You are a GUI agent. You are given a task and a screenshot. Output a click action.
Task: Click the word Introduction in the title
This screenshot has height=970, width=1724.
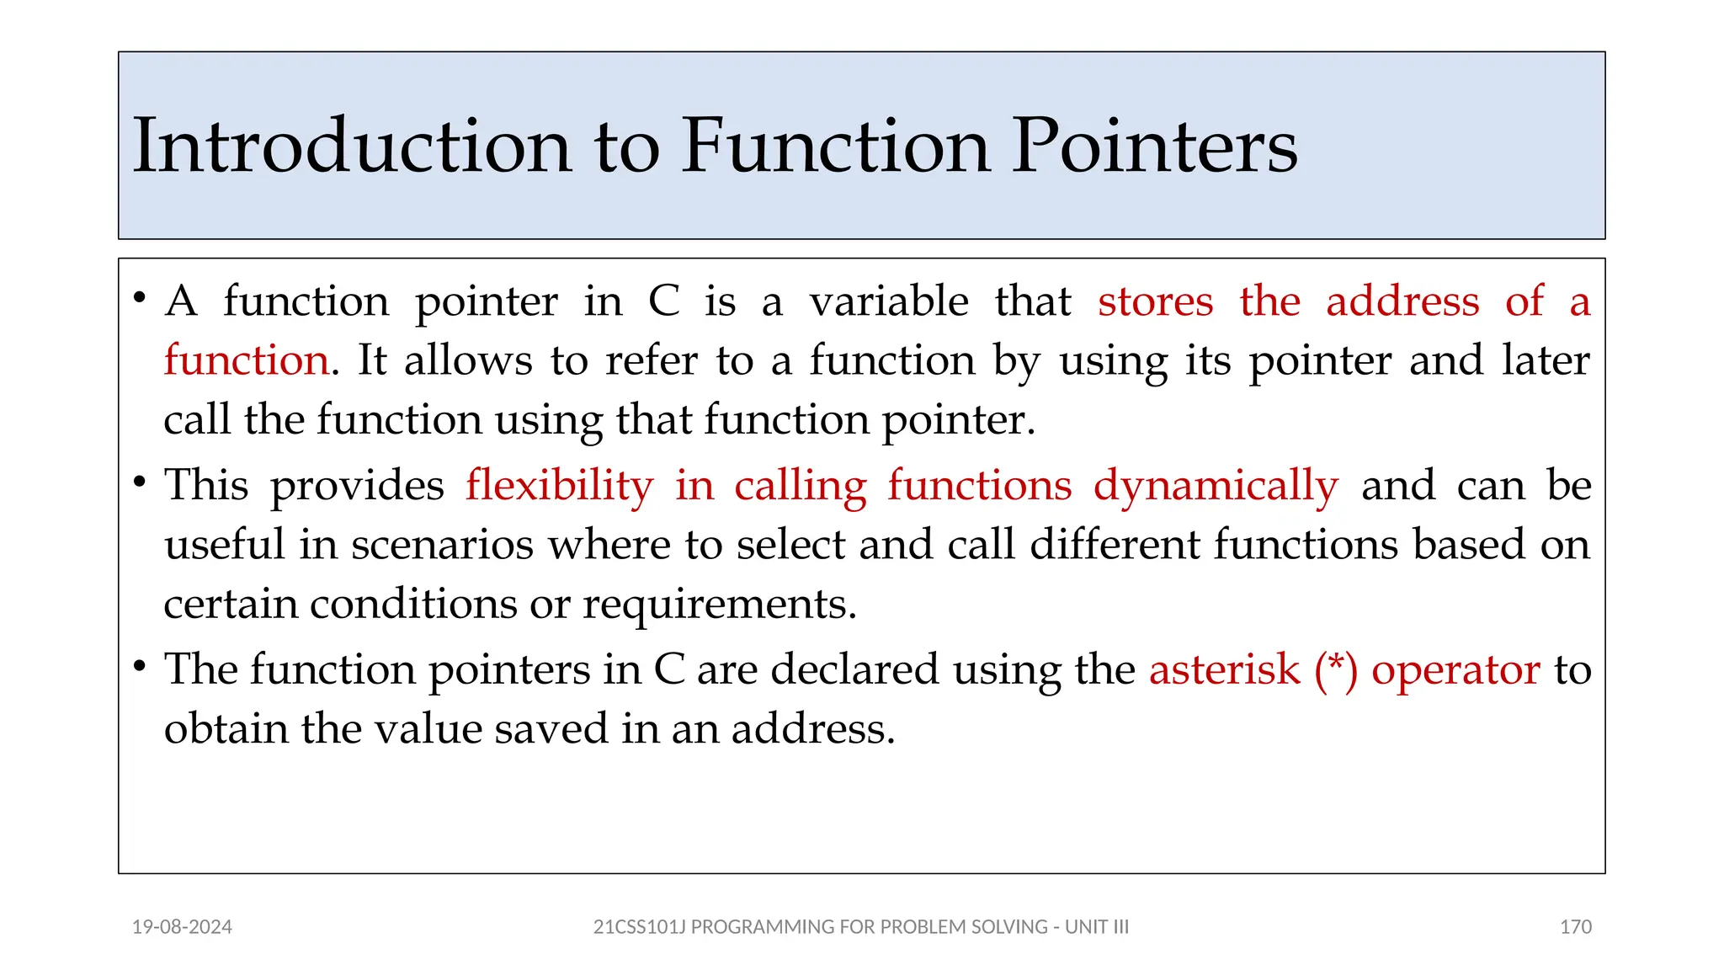pyautogui.click(x=352, y=147)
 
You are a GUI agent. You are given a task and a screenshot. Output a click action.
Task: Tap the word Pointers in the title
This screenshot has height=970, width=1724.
pyautogui.click(x=1154, y=147)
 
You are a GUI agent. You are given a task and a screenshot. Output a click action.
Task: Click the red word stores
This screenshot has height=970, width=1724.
pyautogui.click(x=1155, y=301)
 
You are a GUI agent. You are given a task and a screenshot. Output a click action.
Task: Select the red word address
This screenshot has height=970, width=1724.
pyautogui.click(x=1402, y=301)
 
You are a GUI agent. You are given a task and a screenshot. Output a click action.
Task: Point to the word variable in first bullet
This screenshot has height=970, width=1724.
pyautogui.click(x=889, y=301)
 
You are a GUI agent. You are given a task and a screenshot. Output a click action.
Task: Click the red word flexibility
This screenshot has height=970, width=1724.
pyautogui.click(x=560, y=486)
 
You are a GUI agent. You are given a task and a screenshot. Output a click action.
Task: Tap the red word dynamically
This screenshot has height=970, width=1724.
pyautogui.click(x=1216, y=486)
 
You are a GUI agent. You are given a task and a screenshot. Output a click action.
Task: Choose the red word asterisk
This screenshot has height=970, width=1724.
pyautogui.click(x=1225, y=670)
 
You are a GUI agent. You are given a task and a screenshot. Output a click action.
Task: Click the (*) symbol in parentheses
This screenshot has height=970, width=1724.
pyautogui.click(x=1336, y=670)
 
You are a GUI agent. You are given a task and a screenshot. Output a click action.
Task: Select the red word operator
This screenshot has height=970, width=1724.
pyautogui.click(x=1456, y=670)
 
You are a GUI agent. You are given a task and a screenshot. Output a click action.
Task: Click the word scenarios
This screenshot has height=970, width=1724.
pyautogui.click(x=442, y=545)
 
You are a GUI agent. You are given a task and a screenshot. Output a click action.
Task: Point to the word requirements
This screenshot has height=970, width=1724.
pyautogui.click(x=720, y=605)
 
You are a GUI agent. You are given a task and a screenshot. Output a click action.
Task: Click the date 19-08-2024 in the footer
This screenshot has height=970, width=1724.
pyautogui.click(x=182, y=927)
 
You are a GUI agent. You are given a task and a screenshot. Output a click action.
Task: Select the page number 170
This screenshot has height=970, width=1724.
pyautogui.click(x=1575, y=927)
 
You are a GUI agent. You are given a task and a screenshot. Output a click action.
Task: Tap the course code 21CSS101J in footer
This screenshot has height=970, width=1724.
pyautogui.click(x=639, y=927)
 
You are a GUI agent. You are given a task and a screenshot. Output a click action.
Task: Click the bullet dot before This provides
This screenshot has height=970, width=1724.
pyautogui.click(x=140, y=482)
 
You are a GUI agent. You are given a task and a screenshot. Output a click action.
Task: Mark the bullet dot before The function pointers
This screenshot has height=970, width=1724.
pyautogui.click(x=140, y=666)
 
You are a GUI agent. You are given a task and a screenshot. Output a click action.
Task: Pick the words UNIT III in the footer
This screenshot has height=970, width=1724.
pyautogui.click(x=1097, y=927)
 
